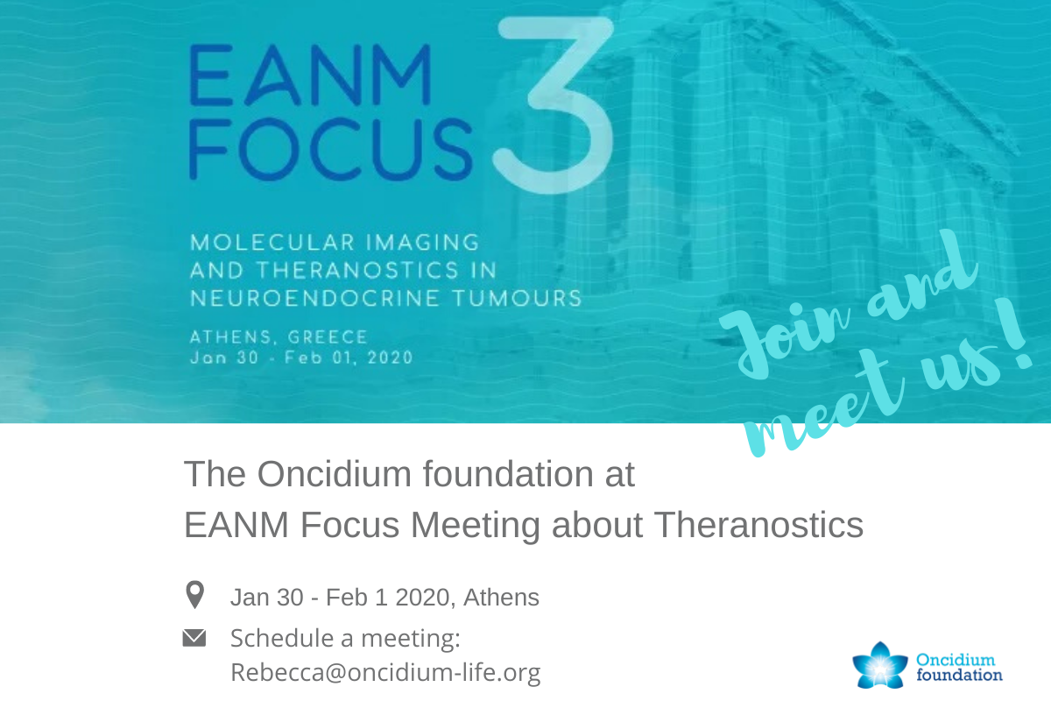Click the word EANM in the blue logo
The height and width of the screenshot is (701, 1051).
point(310,75)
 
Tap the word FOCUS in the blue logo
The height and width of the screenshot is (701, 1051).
point(330,149)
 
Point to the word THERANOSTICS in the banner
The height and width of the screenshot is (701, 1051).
point(357,271)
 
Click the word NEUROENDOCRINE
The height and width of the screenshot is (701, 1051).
point(314,299)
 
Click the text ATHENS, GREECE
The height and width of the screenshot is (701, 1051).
point(279,337)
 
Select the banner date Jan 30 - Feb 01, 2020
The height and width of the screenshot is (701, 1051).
point(301,358)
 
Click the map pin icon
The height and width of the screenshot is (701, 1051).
point(194,594)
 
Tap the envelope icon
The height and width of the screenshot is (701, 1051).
point(194,638)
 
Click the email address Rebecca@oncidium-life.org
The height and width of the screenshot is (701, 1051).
point(385,672)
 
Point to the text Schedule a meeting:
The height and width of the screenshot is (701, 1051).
point(345,639)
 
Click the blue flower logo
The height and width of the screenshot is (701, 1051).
point(879,666)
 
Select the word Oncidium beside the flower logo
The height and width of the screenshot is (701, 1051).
point(956,660)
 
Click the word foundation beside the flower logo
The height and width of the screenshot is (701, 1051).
point(960,676)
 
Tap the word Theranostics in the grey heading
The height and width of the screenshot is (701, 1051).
point(758,525)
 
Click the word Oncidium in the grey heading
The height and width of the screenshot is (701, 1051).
point(334,474)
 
